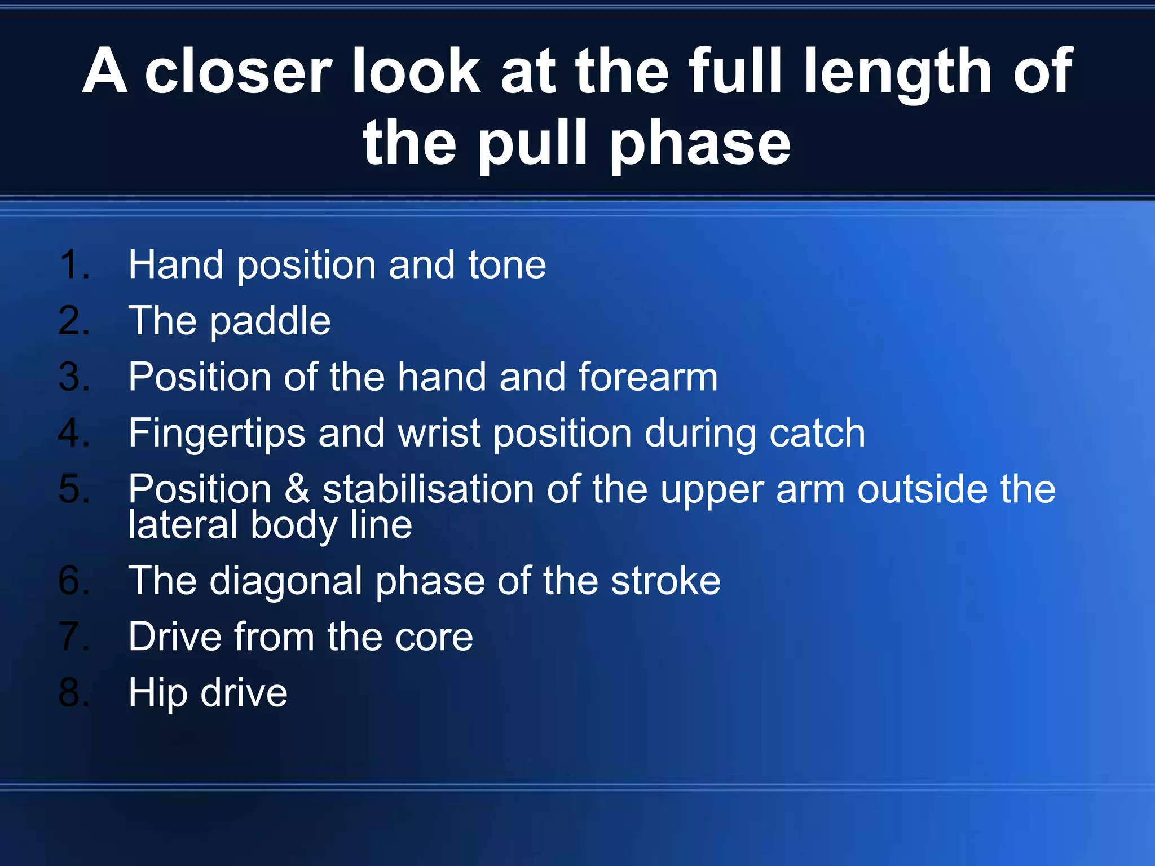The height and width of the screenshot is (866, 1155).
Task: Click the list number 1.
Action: (x=73, y=264)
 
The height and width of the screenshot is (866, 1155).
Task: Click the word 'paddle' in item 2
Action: (x=270, y=321)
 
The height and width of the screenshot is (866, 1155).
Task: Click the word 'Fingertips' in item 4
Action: (x=217, y=434)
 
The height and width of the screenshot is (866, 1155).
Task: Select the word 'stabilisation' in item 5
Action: (x=427, y=489)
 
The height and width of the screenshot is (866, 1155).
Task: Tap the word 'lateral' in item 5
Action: (x=183, y=525)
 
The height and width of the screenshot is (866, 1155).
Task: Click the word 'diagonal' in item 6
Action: (x=286, y=581)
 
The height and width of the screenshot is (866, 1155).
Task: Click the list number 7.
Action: (x=73, y=637)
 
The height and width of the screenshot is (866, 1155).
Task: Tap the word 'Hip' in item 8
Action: (x=158, y=693)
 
